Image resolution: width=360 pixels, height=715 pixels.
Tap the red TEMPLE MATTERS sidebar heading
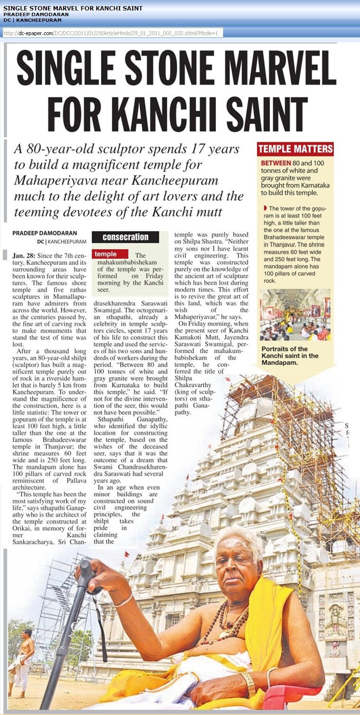295,149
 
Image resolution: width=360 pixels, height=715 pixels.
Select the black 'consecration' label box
126,237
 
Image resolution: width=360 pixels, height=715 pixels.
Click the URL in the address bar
111,33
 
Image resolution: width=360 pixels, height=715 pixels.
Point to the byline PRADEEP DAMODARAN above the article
42,233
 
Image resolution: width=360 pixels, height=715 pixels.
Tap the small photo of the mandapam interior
295,315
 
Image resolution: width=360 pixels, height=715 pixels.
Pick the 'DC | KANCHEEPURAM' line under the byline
63,241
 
